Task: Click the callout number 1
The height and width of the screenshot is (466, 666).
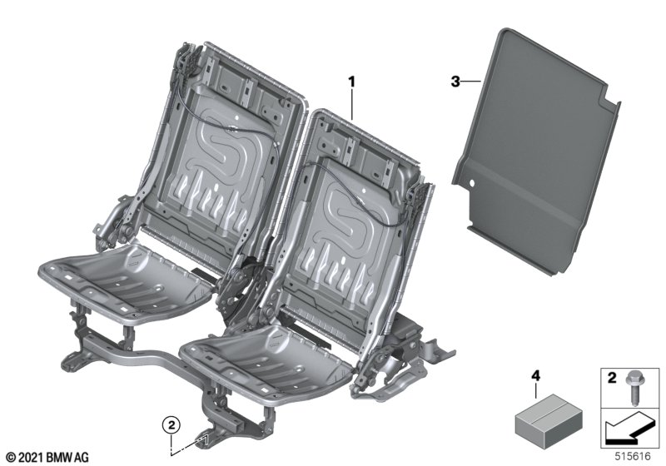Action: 351,82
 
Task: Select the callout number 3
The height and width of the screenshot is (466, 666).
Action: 455,82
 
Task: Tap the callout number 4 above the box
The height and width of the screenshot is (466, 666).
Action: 535,375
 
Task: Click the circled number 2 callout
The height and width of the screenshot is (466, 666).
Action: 171,424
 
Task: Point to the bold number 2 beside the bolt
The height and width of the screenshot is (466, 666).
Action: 612,378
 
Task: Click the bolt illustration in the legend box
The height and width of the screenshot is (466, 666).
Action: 633,386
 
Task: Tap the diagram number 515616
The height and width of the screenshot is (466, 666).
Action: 634,456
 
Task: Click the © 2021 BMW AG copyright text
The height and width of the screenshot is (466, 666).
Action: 48,458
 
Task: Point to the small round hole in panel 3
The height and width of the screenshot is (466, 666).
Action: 471,183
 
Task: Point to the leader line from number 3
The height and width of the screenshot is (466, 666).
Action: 470,81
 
